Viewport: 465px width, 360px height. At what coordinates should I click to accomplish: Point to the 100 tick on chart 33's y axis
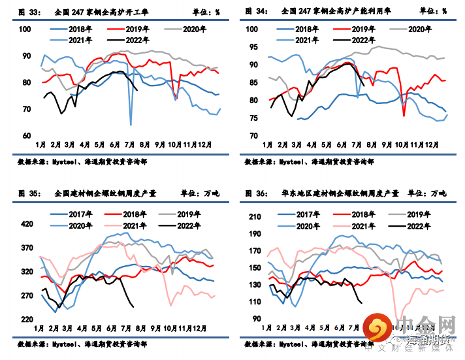(24, 29)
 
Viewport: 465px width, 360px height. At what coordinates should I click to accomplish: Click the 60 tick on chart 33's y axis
(26, 136)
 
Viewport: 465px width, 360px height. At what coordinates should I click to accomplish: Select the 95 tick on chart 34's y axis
(255, 47)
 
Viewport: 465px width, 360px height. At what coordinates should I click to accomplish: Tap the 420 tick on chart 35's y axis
(27, 224)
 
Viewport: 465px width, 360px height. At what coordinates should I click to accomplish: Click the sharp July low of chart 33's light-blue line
(131, 124)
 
